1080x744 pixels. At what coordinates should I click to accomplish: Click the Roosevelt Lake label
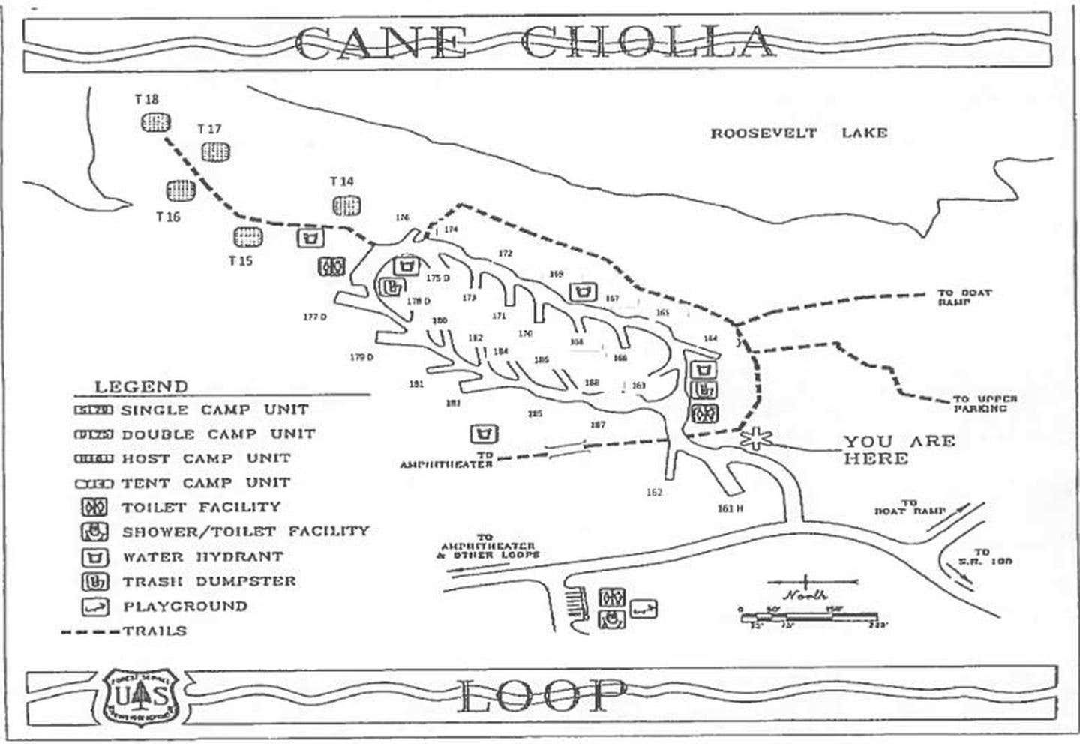tap(799, 133)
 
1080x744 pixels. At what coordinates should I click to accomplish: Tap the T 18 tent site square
tap(156, 121)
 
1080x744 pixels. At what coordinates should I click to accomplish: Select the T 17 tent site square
tap(216, 152)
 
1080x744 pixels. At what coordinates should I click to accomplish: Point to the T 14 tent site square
tap(346, 205)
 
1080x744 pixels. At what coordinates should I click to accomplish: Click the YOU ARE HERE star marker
tap(754, 438)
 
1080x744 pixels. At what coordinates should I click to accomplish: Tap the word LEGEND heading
tap(141, 387)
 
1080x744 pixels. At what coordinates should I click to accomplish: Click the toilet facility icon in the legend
tap(95, 508)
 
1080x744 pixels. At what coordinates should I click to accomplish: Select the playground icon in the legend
tap(95, 607)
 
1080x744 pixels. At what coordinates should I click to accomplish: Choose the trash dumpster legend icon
tap(95, 582)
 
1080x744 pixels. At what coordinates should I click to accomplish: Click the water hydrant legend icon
tap(95, 557)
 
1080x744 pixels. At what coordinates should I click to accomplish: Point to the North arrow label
tap(806, 595)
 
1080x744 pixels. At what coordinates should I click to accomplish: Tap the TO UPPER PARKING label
tap(985, 403)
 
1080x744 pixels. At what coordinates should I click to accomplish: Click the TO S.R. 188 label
tap(981, 556)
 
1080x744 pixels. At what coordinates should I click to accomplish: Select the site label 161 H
tap(730, 508)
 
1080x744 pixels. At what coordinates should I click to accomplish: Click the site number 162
tap(654, 493)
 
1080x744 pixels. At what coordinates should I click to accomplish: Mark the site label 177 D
tap(315, 316)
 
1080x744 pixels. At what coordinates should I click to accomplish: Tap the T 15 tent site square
tap(248, 238)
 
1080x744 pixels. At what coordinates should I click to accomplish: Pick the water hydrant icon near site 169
tap(583, 291)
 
